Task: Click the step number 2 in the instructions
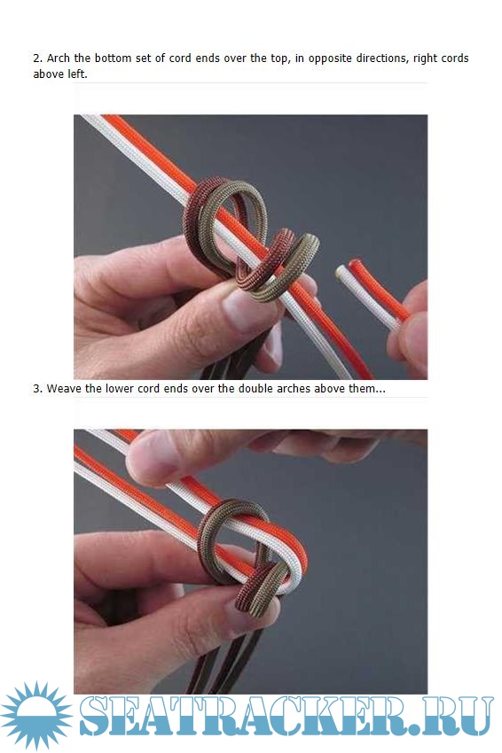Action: tap(37, 58)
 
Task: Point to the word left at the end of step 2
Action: tap(77, 74)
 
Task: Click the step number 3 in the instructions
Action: tap(37, 389)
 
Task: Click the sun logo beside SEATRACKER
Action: tap(36, 716)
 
